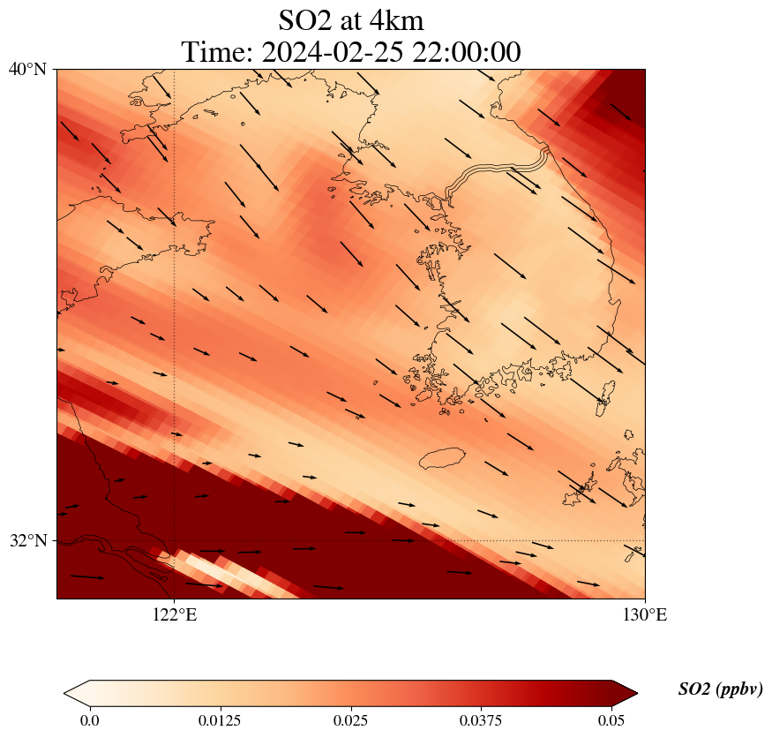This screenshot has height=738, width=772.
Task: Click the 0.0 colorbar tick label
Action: pyautogui.click(x=89, y=720)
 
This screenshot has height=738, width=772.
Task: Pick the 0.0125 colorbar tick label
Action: pyautogui.click(x=220, y=720)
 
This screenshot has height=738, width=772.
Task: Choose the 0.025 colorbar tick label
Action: pyautogui.click(x=350, y=720)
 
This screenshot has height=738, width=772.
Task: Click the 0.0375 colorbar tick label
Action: pyautogui.click(x=481, y=720)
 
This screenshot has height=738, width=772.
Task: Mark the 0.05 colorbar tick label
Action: pyautogui.click(x=611, y=720)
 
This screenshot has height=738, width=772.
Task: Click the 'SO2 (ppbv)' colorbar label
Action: pyautogui.click(x=720, y=689)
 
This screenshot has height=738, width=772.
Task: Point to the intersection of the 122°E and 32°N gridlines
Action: pyautogui.click(x=175, y=540)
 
